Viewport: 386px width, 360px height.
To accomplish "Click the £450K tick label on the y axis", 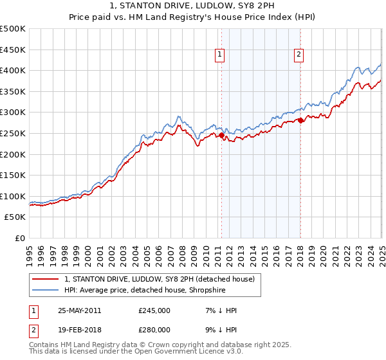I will click(x=13, y=50).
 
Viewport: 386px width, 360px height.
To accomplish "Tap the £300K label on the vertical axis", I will click(x=13, y=113).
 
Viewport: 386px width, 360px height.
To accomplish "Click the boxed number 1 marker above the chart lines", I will click(x=220, y=55).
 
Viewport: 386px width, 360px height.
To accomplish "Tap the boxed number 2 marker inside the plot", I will click(x=300, y=55).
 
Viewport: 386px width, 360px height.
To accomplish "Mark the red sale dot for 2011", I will click(x=222, y=136).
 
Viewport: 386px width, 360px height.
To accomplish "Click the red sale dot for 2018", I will click(x=300, y=120).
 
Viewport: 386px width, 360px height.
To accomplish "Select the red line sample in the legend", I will click(x=45, y=279).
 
